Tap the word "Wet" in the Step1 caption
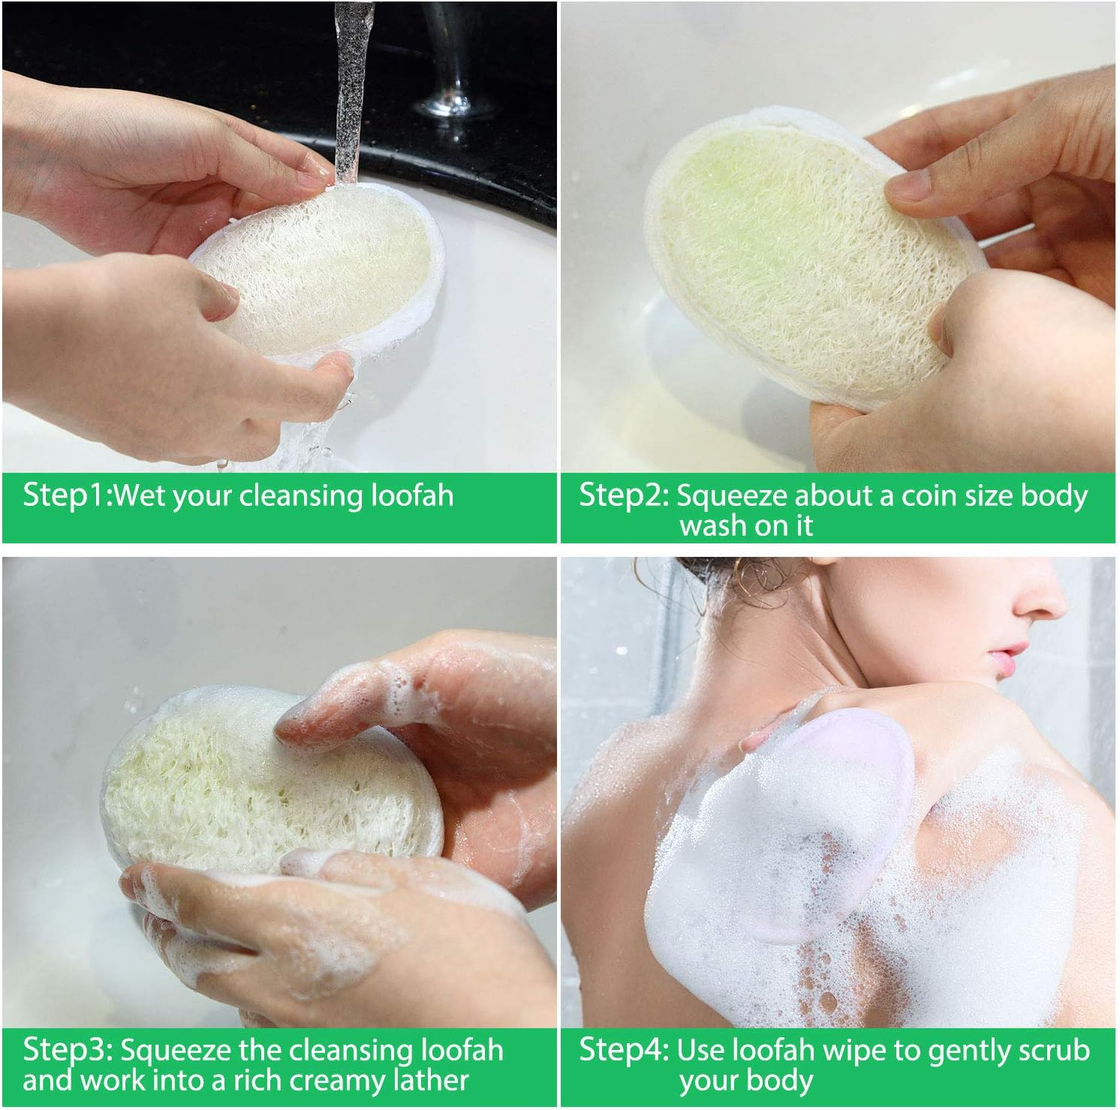[140, 496]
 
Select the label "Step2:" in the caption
[623, 496]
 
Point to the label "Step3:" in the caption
[68, 1049]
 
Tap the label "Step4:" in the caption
[624, 1049]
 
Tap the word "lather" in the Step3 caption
[428, 1081]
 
